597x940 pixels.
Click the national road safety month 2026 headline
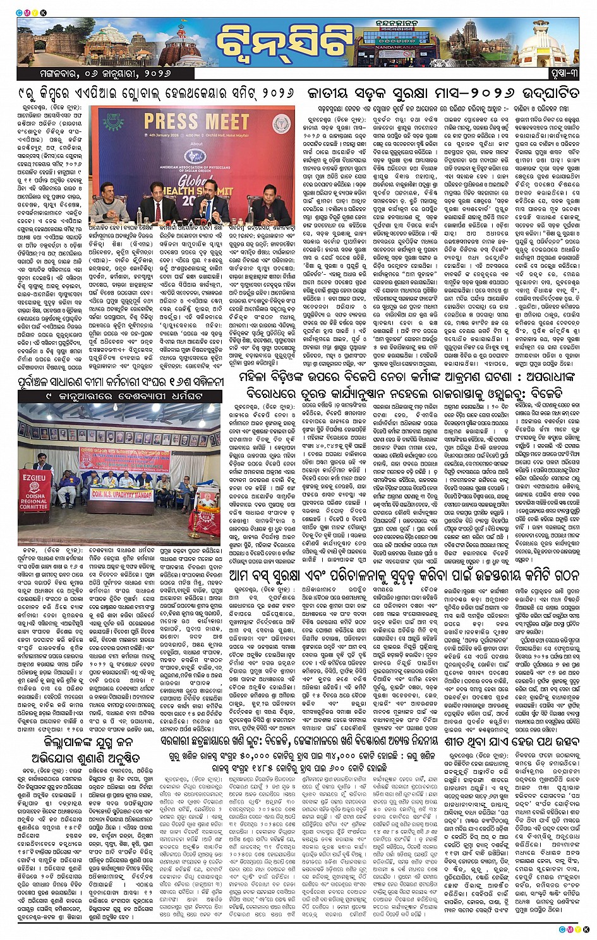coord(442,93)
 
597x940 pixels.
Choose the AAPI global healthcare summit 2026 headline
coord(157,93)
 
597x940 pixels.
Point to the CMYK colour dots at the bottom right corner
coord(574,929)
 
